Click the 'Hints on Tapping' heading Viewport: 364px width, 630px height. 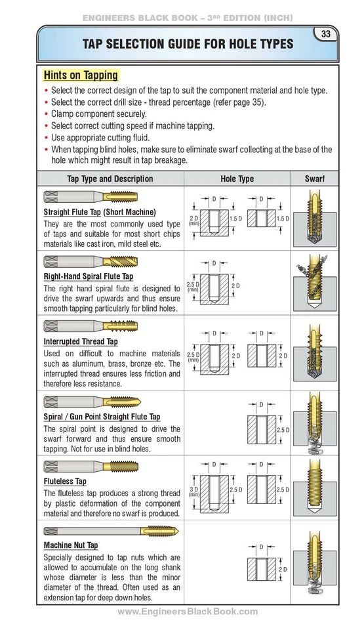[81, 75]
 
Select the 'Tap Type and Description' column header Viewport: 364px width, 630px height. [110, 178]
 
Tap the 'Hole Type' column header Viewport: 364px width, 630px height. [237, 178]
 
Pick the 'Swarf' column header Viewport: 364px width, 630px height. [314, 178]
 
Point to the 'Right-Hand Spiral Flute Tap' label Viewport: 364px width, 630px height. [88, 276]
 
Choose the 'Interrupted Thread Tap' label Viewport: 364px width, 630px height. [81, 342]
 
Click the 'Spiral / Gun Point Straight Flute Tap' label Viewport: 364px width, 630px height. [102, 417]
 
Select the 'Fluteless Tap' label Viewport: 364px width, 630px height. [65, 481]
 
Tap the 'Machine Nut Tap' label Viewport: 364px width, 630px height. [71, 545]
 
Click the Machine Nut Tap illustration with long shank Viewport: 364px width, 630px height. [111, 530]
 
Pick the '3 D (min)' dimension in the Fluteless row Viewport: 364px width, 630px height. [193, 491]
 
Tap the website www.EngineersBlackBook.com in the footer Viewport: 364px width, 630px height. [188, 612]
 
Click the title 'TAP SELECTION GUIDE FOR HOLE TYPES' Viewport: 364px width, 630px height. [188, 44]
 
